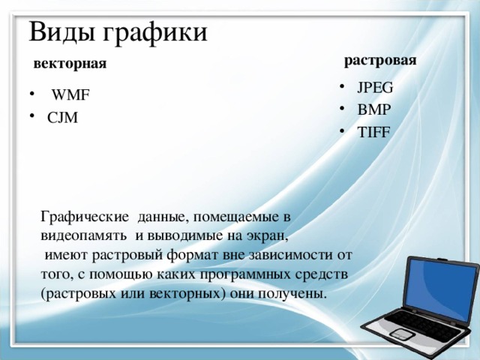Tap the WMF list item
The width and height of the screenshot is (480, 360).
click(70, 95)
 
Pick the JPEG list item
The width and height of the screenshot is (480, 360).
click(375, 86)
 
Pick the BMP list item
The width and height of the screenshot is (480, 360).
click(373, 109)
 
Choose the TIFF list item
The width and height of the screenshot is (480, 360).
click(373, 133)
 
